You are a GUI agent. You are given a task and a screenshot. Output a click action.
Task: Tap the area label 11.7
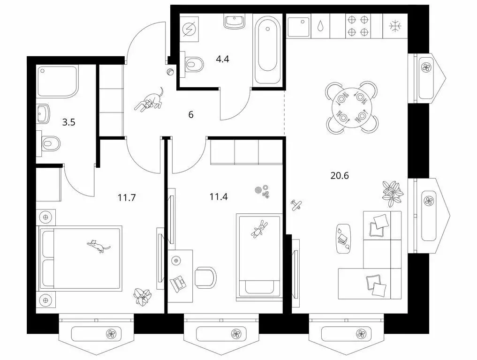127,197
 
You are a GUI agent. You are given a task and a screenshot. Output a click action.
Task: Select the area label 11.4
219,196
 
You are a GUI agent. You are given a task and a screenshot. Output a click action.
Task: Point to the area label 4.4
222,59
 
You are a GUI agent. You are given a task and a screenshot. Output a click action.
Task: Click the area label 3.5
68,123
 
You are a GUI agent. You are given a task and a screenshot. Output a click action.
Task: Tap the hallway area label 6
191,114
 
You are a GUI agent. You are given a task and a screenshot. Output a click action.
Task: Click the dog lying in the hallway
149,100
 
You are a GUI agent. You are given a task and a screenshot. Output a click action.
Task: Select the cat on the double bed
98,246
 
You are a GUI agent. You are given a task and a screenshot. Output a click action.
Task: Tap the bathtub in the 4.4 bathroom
266,49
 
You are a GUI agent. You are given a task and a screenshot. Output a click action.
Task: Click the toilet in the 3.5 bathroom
50,142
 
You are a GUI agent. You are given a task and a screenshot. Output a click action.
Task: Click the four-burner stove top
357,26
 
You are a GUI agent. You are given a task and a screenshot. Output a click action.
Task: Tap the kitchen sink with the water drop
320,26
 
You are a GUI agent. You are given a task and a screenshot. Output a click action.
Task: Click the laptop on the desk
179,282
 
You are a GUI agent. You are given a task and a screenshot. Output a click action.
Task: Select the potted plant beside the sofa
392,192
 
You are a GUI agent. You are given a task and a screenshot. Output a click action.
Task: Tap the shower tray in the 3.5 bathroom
57,83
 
